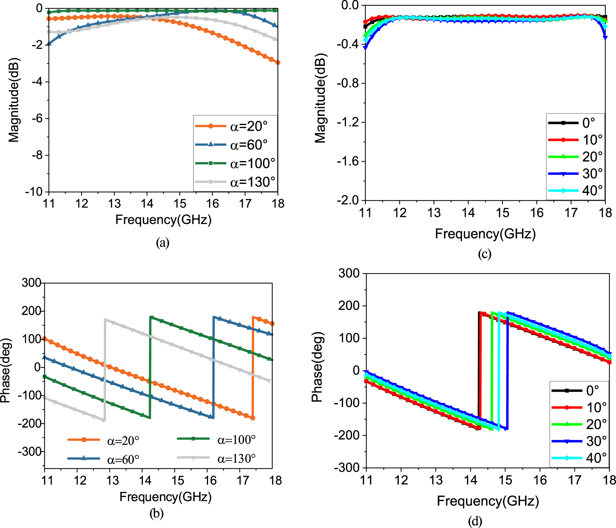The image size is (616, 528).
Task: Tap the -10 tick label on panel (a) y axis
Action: coord(34,192)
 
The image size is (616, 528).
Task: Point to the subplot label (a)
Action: coord(163,243)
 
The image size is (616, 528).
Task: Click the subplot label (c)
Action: coord(484,254)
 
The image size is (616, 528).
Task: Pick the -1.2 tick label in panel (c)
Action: coord(347,122)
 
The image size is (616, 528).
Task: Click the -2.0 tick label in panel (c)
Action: coord(347,200)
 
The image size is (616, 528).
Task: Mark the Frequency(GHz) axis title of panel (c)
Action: coord(485,234)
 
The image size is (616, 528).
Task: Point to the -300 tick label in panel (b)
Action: coord(29,452)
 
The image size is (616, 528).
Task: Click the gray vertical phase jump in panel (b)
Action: coord(105,369)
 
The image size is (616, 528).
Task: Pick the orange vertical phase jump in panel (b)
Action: coord(253,367)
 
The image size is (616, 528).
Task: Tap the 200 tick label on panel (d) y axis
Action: coord(349,306)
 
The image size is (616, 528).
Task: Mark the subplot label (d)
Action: coord(475,521)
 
